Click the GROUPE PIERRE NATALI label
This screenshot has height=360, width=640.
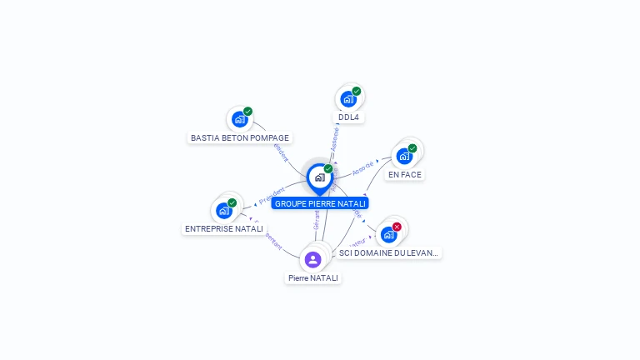(x=320, y=203)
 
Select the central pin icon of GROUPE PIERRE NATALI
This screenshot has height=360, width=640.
(x=319, y=177)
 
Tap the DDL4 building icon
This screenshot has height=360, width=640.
(x=348, y=99)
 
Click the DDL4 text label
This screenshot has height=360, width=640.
(x=348, y=117)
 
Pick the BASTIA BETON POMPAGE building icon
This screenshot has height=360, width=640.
(x=239, y=119)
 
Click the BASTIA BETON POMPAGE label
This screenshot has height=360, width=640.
(x=240, y=137)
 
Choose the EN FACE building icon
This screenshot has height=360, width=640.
(x=404, y=156)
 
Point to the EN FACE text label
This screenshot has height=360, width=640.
(x=405, y=175)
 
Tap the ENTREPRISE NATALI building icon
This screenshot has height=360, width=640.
(x=223, y=211)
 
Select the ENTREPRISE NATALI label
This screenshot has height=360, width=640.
(x=223, y=228)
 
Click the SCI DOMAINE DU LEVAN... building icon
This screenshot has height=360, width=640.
(x=388, y=235)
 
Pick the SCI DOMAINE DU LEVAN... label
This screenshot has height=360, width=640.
(x=388, y=252)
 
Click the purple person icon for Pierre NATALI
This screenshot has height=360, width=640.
(x=312, y=260)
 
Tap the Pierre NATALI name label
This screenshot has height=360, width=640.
(x=313, y=278)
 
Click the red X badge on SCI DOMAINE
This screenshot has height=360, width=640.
(x=397, y=227)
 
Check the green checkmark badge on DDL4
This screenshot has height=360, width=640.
(x=357, y=91)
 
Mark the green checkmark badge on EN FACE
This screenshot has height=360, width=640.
(x=412, y=148)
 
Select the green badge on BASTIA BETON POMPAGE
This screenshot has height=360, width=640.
(x=247, y=112)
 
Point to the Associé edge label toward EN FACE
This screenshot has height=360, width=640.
(x=362, y=167)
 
